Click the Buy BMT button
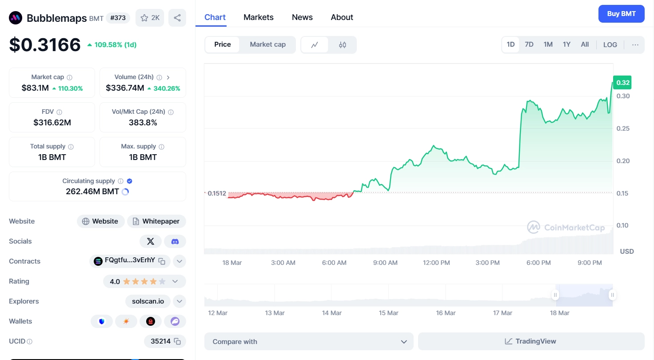621,14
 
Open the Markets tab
259,17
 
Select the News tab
302,17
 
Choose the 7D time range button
529,44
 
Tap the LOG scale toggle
610,44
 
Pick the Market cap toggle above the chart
267,44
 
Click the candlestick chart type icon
343,44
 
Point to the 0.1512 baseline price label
217,193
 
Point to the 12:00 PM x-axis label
436,263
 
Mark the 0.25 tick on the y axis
623,128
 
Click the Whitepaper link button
156,221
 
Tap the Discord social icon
175,241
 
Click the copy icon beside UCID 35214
177,341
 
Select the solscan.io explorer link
148,301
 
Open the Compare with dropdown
309,341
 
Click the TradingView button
531,341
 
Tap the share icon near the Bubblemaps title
177,18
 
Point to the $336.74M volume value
125,88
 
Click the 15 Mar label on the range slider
388,313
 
